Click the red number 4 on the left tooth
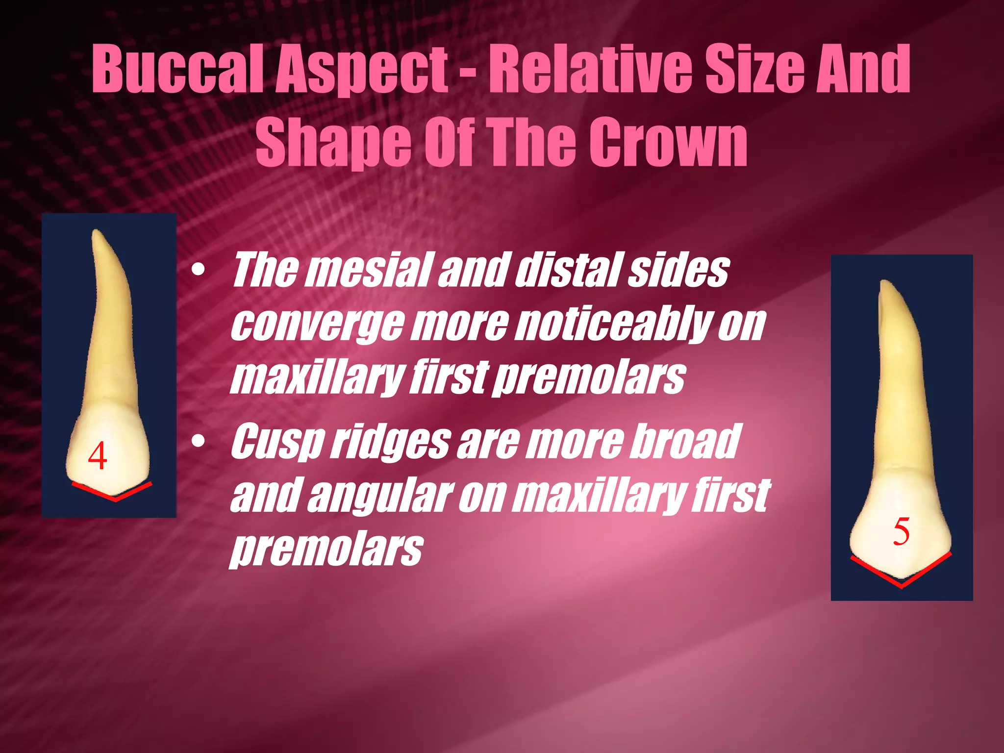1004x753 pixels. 98,456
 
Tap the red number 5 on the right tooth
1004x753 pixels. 901,531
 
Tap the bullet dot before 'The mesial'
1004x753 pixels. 198,271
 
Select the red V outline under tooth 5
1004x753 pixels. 901,581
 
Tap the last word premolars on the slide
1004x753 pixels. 326,549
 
